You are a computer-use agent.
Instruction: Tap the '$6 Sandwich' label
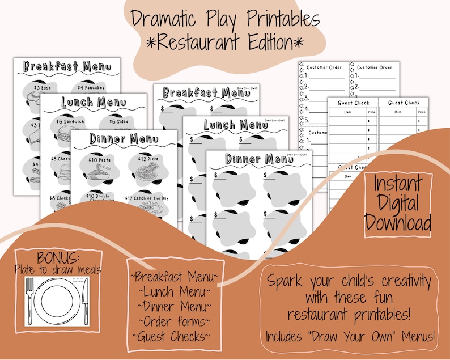tap(71, 121)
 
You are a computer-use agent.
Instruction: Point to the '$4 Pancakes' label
tap(91, 87)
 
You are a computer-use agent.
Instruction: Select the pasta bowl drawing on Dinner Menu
tap(100, 176)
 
